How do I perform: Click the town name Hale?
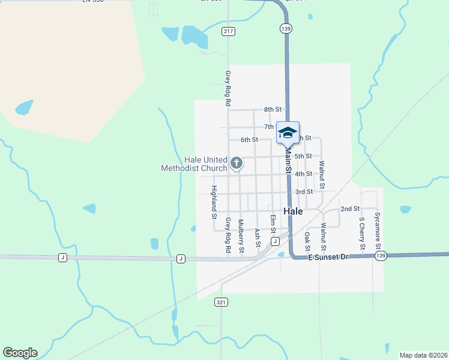pos(293,211)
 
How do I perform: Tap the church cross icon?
pos(237,162)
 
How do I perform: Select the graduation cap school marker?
pos(288,132)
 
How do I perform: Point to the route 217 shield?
pos(228,31)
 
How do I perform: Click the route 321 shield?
pos(221,302)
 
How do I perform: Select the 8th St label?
pos(273,109)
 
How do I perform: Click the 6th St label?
pos(249,140)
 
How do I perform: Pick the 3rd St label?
pos(304,191)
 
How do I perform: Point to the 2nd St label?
pos(349,209)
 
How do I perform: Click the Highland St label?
pos(214,202)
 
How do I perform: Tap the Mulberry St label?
pos(241,236)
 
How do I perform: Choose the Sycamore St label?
pos(378,230)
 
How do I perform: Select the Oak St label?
pos(307,241)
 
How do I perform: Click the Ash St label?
pos(258,238)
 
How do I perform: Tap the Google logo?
pos(20,353)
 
